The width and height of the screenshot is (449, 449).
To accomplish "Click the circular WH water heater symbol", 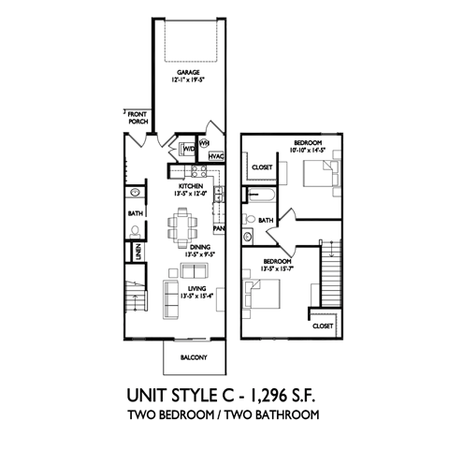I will click(204, 142).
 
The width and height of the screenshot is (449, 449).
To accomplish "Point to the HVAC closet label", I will click(214, 156).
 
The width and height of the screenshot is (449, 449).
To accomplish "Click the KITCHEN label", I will click(190, 187).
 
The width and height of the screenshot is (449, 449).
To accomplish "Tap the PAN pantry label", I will click(218, 227).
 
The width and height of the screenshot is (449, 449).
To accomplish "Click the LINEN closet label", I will click(138, 251).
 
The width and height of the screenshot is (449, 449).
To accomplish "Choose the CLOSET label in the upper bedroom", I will click(261, 168).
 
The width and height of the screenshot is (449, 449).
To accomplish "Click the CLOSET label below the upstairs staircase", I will click(323, 326).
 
